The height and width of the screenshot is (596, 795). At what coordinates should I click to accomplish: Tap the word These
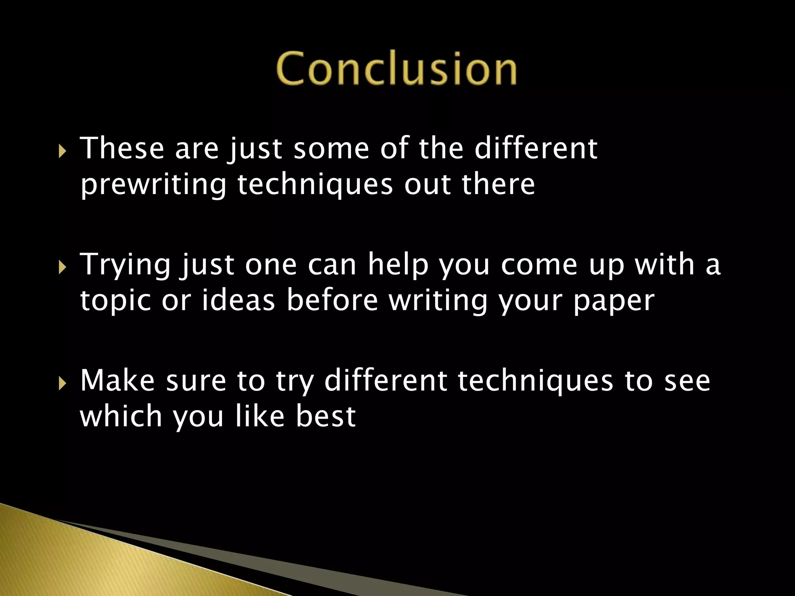[x=122, y=148]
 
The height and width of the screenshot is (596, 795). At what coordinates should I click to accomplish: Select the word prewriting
[x=153, y=185]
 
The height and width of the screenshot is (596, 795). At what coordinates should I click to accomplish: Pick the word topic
[x=115, y=301]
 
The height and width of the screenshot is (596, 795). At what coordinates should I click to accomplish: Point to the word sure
[x=196, y=381]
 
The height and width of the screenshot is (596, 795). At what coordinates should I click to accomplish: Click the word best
[x=326, y=416]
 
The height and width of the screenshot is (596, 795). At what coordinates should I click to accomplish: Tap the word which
[x=121, y=416]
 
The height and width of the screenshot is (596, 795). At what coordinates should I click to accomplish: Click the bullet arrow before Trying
[x=62, y=267]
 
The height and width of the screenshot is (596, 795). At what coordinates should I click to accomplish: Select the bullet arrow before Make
[x=62, y=384]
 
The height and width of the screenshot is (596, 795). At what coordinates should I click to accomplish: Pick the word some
[x=331, y=149]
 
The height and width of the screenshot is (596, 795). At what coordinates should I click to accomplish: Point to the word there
[x=498, y=185]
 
